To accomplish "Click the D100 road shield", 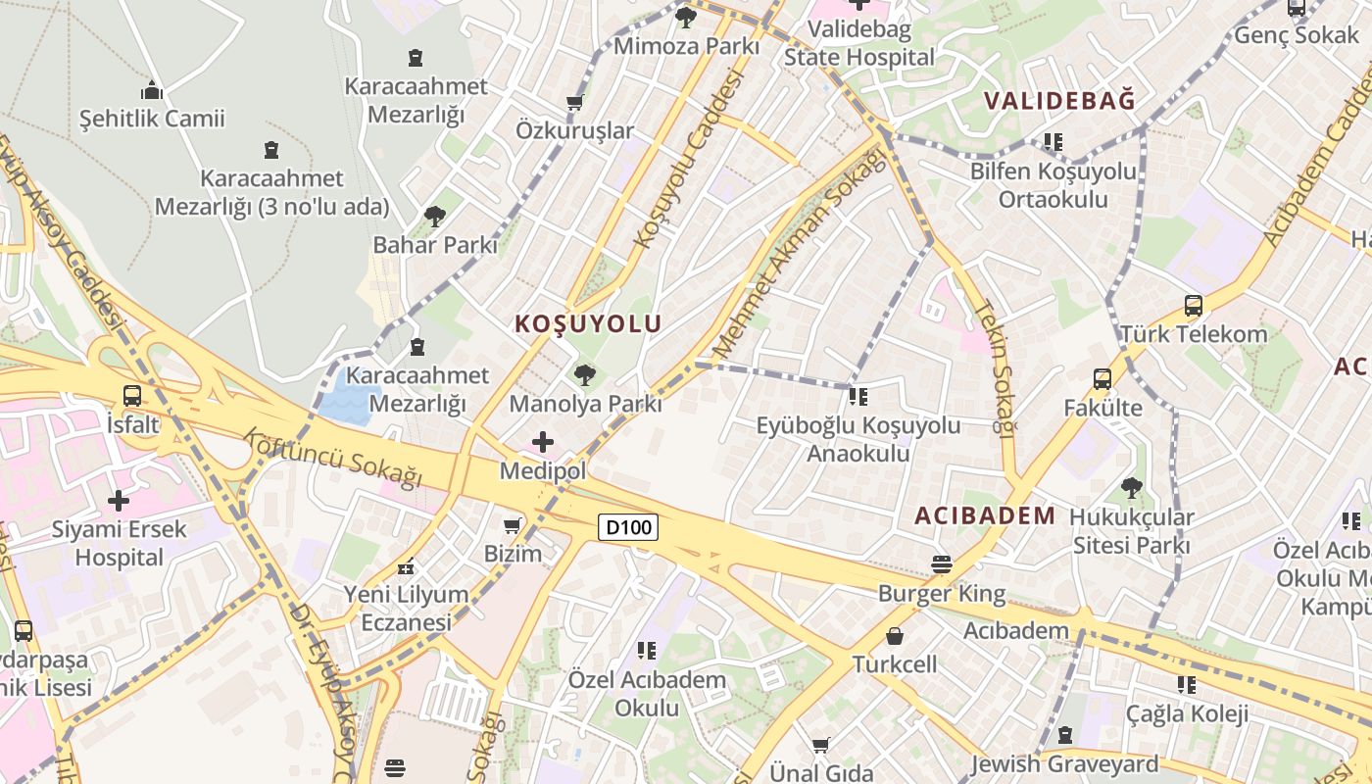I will pos(628,527).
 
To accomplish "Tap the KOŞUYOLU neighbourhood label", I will pos(588,323).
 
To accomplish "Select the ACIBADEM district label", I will pos(985,515).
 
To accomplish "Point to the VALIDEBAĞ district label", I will pos(1059,100).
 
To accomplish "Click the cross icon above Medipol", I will pos(542,442).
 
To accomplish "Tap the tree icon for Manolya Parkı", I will pos(585,374).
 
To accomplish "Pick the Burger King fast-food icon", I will pos(941,563).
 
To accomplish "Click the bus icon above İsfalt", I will pos(131,396).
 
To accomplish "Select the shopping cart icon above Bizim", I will pos(512,525).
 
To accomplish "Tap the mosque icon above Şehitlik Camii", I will pos(152,90).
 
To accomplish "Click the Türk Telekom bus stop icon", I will pos(1193,305).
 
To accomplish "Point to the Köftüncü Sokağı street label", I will pos(332,457).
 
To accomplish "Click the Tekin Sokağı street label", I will pos(991,367).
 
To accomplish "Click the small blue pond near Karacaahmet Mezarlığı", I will pos(349,398).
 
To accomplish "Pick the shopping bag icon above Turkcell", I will pos(894,636).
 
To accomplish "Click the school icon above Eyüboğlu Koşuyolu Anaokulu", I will pos(858,396).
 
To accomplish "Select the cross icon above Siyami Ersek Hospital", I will pos(119,501).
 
